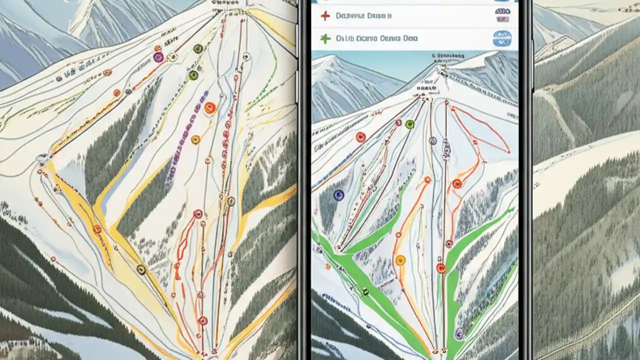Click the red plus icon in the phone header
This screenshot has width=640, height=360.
(325, 16)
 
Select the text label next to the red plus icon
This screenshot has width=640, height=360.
(363, 16)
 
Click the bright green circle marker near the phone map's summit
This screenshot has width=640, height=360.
(410, 124)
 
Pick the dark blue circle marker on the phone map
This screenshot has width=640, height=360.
(338, 195)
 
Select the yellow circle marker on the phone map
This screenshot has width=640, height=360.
(400, 260)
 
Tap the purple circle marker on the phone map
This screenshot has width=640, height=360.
(458, 333)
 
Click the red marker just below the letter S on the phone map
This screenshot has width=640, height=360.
(440, 268)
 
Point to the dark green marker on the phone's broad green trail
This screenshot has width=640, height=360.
(365, 291)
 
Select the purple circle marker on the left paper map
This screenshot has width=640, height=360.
(158, 57)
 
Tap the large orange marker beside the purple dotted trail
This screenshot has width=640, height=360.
(210, 107)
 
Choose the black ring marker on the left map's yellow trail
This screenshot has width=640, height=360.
(141, 270)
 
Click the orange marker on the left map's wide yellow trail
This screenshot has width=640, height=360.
(97, 229)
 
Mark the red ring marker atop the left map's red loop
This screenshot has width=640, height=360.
(197, 214)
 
